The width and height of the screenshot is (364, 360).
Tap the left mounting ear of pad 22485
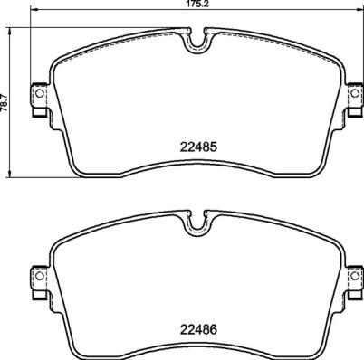(39, 97)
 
